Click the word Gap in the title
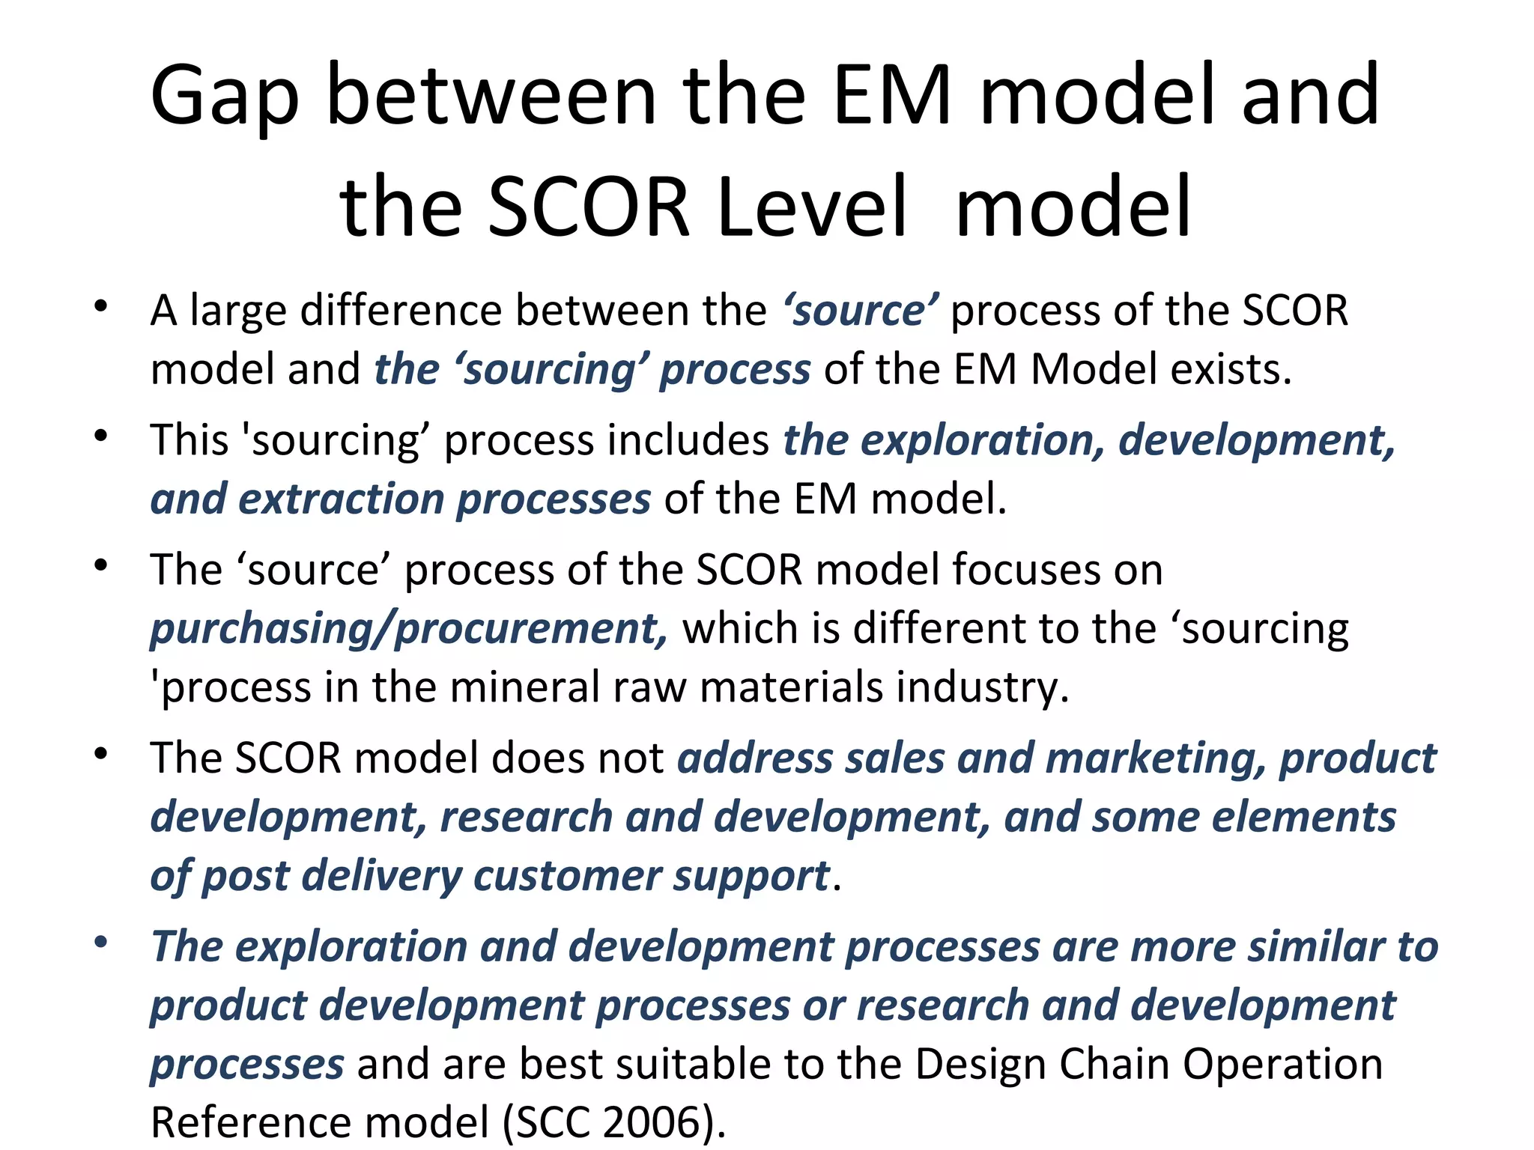[x=225, y=97]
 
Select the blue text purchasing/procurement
[x=408, y=629]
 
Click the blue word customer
[x=566, y=876]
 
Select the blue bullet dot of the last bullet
[x=101, y=941]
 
